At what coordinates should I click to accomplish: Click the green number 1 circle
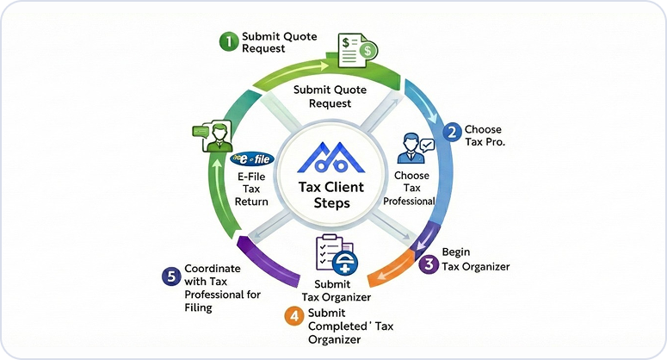[227, 40]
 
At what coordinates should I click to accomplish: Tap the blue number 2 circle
[451, 132]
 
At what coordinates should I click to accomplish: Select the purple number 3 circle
[429, 265]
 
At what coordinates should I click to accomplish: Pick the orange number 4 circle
[294, 314]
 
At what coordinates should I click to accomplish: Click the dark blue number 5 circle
[170, 276]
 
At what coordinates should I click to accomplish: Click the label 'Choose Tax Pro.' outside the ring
[483, 136]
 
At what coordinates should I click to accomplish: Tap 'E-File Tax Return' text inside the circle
[252, 189]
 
